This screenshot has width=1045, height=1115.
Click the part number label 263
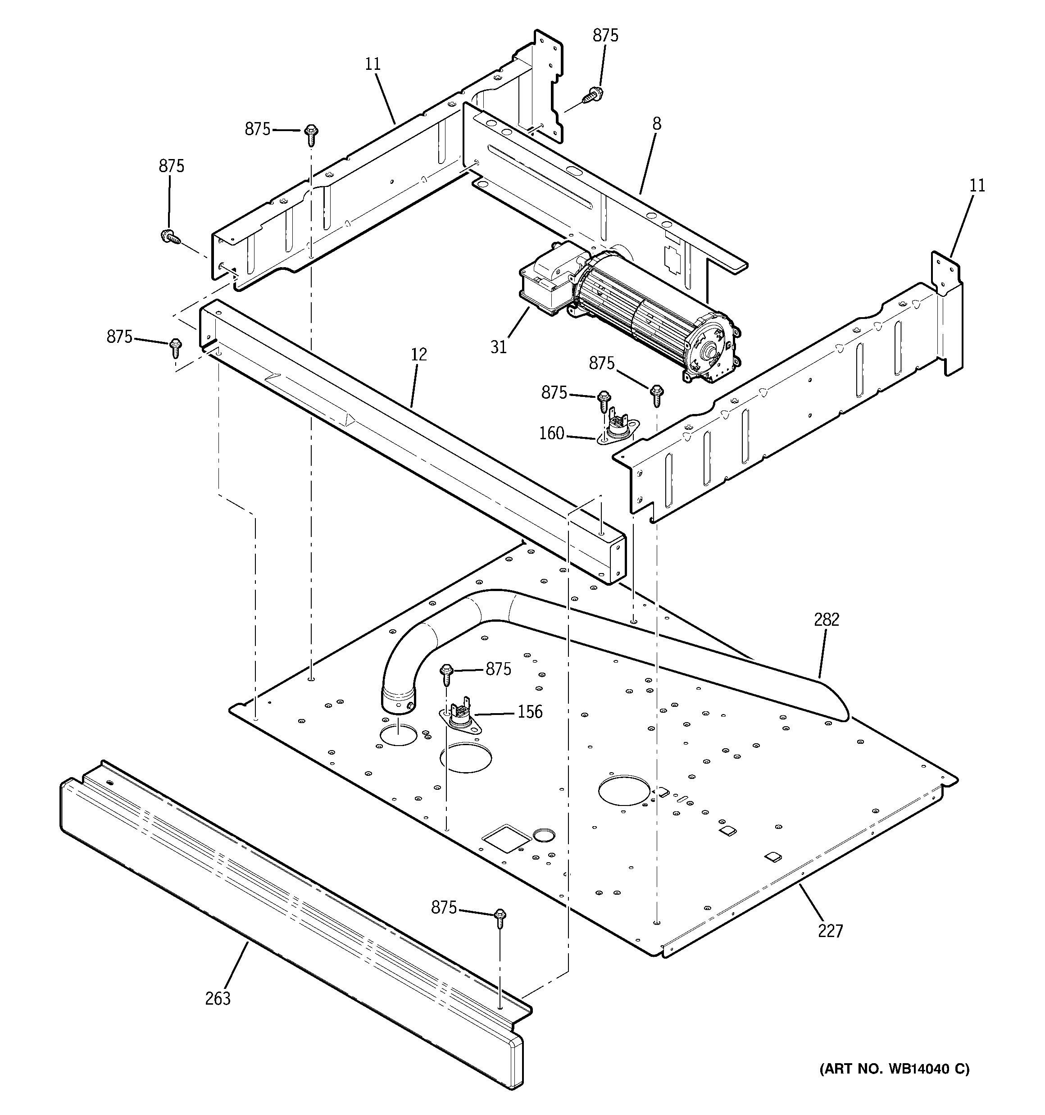pyautogui.click(x=218, y=998)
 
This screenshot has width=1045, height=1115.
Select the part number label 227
pyautogui.click(x=830, y=931)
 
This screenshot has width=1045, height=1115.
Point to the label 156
pyautogui.click(x=530, y=712)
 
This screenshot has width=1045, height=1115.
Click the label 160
pyautogui.click(x=551, y=433)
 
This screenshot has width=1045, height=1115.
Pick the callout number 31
pyautogui.click(x=499, y=347)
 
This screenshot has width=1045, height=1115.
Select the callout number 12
pyautogui.click(x=418, y=355)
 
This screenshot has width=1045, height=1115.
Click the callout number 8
pyautogui.click(x=657, y=124)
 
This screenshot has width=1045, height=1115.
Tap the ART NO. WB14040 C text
pyautogui.click(x=894, y=1085)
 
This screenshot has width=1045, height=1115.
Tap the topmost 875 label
pyautogui.click(x=605, y=35)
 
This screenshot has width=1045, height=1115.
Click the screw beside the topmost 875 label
pyautogui.click(x=592, y=95)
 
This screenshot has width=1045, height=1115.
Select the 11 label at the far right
pyautogui.click(x=977, y=186)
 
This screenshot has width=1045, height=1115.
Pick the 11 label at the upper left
pyautogui.click(x=373, y=64)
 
